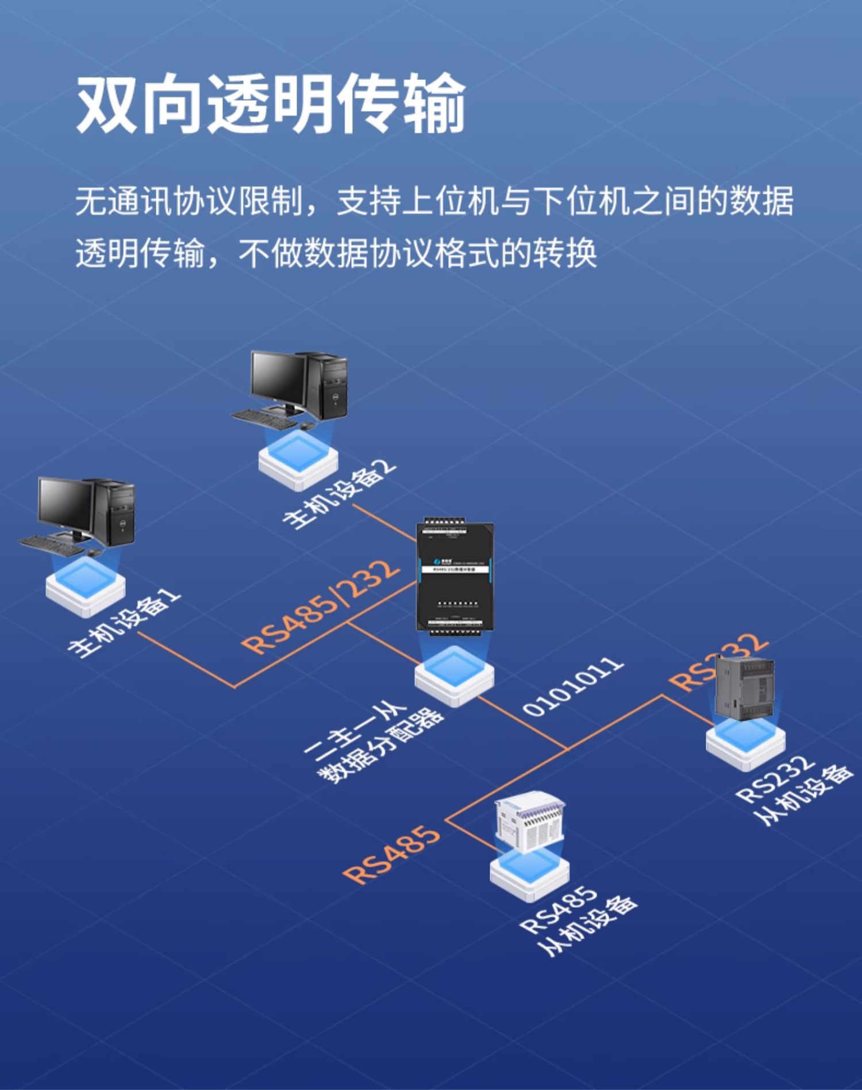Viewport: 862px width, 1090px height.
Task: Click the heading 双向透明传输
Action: click(x=270, y=103)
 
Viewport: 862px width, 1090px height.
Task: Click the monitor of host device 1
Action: click(x=65, y=507)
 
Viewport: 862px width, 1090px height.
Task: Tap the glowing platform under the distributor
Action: click(x=454, y=676)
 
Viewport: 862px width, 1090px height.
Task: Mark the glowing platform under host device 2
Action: click(x=298, y=460)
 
